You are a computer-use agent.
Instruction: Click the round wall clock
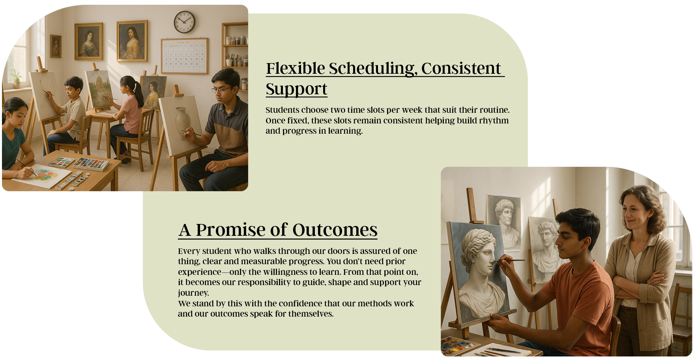point(184,22)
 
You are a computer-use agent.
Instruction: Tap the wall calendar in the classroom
point(184,56)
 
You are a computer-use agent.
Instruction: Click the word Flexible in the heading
point(296,68)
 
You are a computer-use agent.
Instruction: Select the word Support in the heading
point(296,89)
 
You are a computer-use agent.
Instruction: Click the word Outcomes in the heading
point(335,230)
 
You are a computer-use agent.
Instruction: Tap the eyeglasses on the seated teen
point(221,90)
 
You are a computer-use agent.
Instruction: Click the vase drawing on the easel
point(183,122)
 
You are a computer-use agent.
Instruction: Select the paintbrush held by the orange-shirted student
point(509,260)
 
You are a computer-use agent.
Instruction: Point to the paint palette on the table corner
point(457,345)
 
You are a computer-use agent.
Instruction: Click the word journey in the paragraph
point(193,293)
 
